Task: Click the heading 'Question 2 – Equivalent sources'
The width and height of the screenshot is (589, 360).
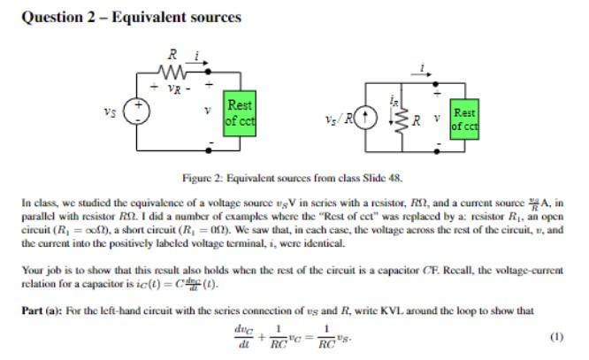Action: point(130,17)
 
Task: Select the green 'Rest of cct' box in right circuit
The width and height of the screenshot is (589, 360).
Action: point(464,119)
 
